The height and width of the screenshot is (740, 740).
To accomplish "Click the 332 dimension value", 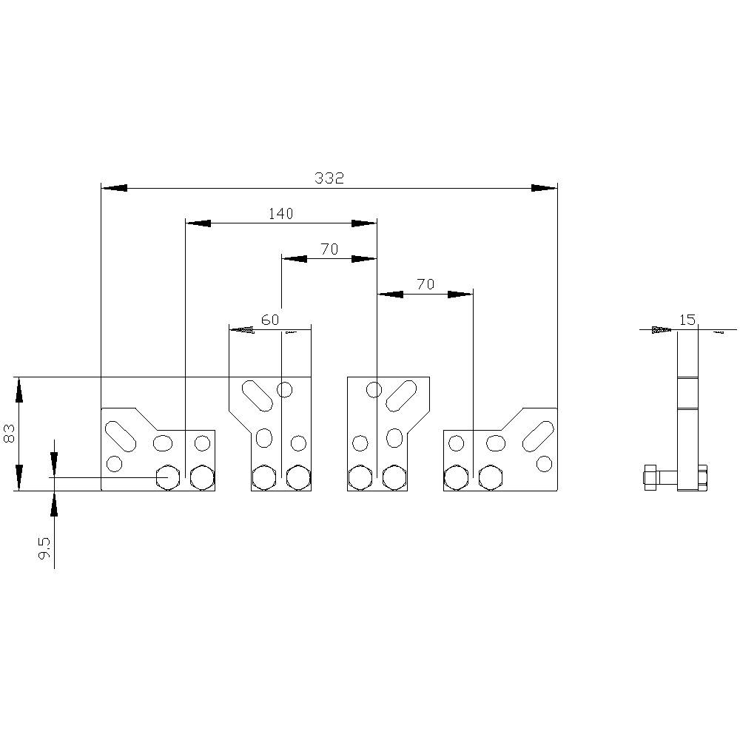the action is [329, 178].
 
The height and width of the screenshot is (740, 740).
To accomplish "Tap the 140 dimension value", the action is [280, 214].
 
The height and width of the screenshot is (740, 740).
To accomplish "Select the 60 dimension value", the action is [270, 320].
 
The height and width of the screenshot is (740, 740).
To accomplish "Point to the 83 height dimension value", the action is [10, 433].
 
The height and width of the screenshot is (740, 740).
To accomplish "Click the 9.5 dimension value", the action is [44, 548].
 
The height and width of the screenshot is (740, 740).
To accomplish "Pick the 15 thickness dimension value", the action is [687, 320].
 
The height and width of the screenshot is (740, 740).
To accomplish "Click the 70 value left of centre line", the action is [329, 249].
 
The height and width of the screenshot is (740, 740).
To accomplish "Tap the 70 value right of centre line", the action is [425, 284].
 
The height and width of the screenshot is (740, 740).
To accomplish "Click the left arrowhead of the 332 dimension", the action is [114, 188].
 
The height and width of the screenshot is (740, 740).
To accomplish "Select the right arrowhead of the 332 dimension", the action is [545, 188].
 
